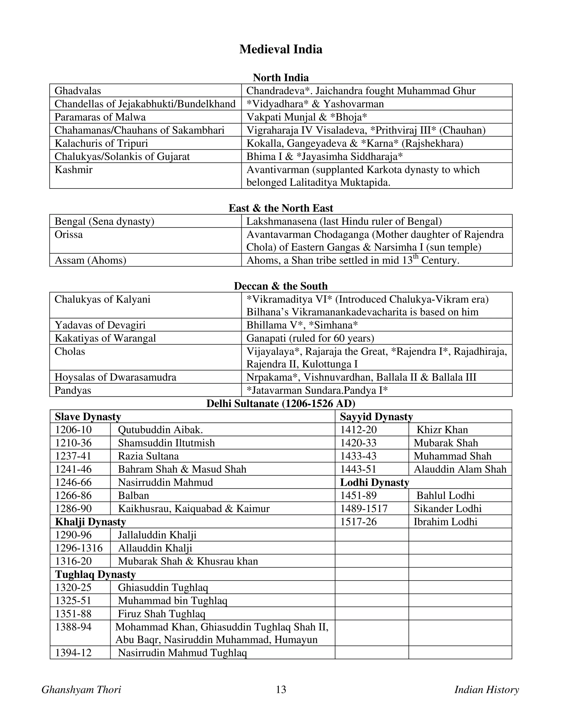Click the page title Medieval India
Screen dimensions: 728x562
tap(281, 49)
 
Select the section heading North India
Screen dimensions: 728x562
tap(281, 78)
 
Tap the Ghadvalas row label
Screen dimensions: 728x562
tap(78, 91)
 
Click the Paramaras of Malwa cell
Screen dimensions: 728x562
tap(100, 117)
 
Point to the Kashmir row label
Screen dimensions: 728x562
tap(74, 170)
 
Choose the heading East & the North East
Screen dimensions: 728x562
tap(281, 208)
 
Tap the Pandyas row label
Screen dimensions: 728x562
tap(73, 390)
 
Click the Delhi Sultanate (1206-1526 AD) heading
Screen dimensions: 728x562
tap(281, 404)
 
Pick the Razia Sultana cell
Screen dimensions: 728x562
tap(148, 456)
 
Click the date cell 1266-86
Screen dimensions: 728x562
tap(73, 495)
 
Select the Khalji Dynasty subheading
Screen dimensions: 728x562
tap(91, 522)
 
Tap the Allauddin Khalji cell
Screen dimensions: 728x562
tap(155, 548)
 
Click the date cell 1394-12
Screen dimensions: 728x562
tap(73, 653)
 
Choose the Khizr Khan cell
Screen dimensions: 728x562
tap(442, 430)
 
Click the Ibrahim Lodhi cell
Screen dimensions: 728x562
tap(445, 522)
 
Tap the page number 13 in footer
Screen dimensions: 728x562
tap(281, 690)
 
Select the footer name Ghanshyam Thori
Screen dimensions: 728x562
tap(81, 690)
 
